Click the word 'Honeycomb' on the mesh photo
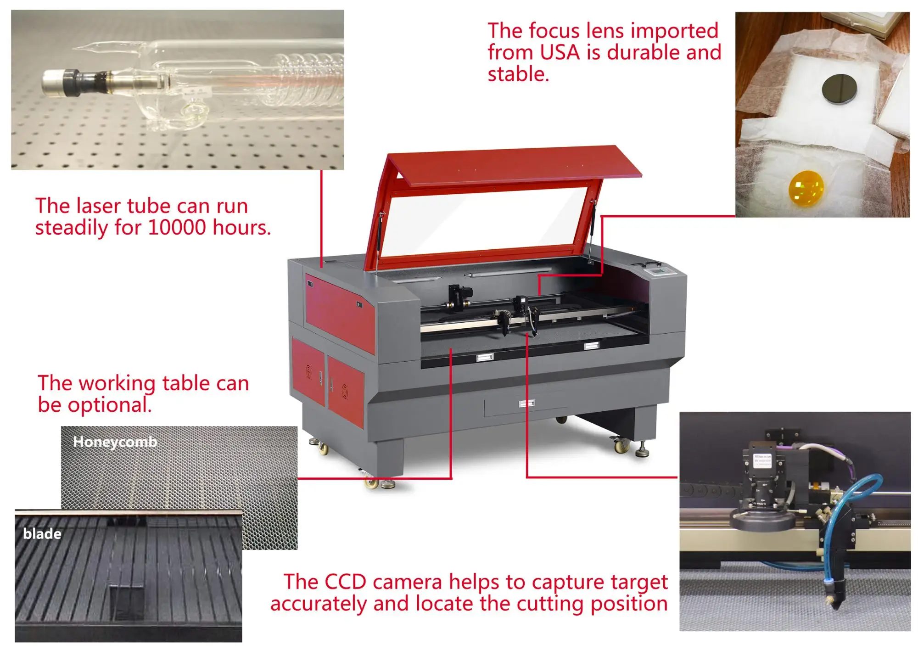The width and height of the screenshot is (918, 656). [x=115, y=442]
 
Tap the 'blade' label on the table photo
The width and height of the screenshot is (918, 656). [x=42, y=533]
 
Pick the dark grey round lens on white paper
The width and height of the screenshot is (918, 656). [x=839, y=89]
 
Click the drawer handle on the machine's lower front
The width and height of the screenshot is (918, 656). [x=526, y=404]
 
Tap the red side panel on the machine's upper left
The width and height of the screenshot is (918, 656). [x=340, y=312]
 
